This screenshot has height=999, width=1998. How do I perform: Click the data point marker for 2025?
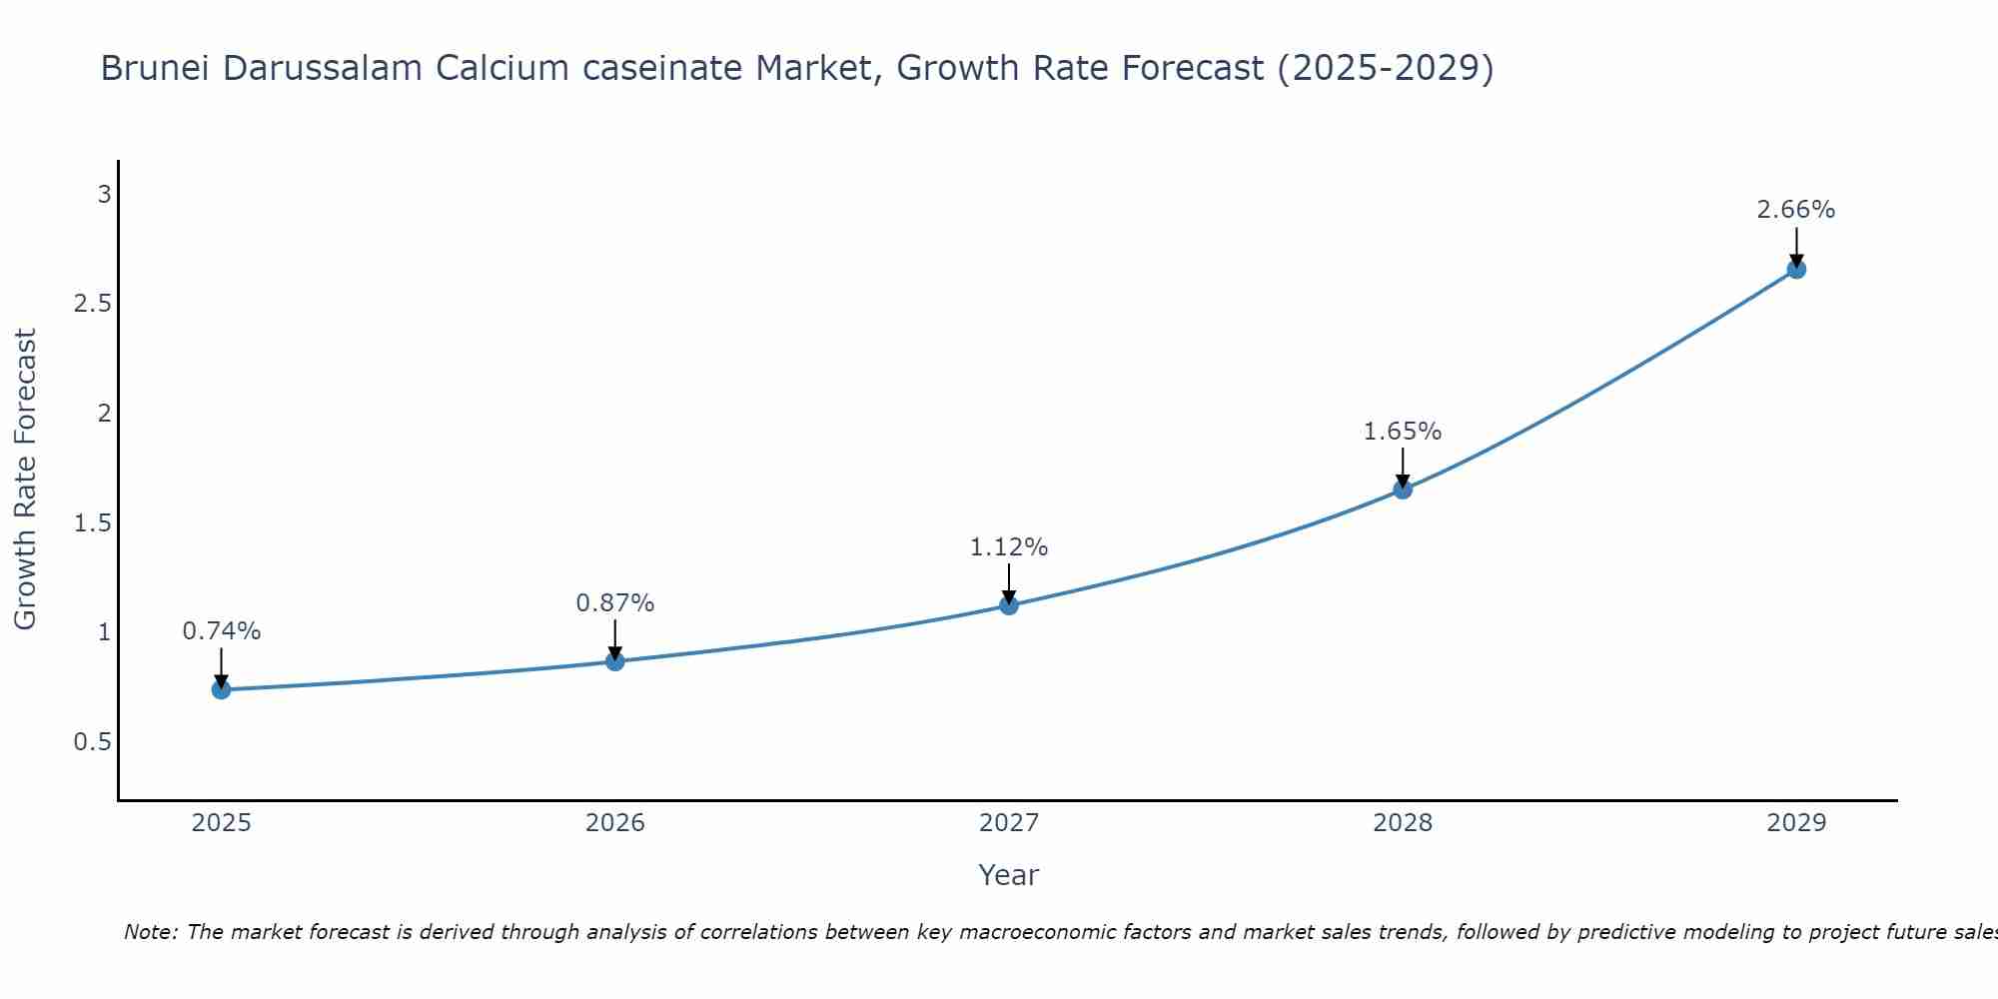(221, 689)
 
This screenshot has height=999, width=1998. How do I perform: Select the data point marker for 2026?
(614, 661)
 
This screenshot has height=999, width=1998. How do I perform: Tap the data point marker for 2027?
(1009, 605)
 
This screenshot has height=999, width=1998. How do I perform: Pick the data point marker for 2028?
(1403, 490)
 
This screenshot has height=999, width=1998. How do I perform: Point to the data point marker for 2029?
(1796, 269)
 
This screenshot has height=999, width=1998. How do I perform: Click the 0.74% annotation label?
(221, 631)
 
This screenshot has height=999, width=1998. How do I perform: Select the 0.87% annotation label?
(614, 603)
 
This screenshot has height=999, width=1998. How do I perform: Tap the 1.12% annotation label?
(1009, 547)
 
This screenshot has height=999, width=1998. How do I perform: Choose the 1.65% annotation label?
(1403, 432)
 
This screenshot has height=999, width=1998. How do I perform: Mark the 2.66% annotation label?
(1796, 210)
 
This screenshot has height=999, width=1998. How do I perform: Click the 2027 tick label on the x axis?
(1009, 823)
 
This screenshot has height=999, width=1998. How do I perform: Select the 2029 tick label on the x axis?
(1796, 823)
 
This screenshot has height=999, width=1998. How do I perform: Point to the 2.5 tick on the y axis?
(92, 304)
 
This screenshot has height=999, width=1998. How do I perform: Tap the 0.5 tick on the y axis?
(92, 742)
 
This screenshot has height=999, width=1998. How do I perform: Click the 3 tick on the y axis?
(104, 194)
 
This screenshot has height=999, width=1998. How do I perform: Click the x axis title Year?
(1009, 875)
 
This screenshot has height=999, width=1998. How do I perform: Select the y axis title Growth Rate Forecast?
(25, 480)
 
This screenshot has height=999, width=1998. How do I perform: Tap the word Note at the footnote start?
(150, 932)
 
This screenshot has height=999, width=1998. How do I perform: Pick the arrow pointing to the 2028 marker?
(1403, 468)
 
